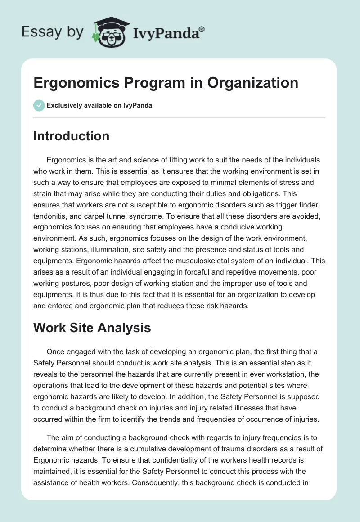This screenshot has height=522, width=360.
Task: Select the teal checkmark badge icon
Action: [x=39, y=105]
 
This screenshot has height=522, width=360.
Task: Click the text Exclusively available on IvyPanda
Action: [x=99, y=105]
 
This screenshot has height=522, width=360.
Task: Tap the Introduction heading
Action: [x=71, y=136]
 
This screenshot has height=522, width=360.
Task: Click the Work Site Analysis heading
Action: [x=92, y=328]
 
